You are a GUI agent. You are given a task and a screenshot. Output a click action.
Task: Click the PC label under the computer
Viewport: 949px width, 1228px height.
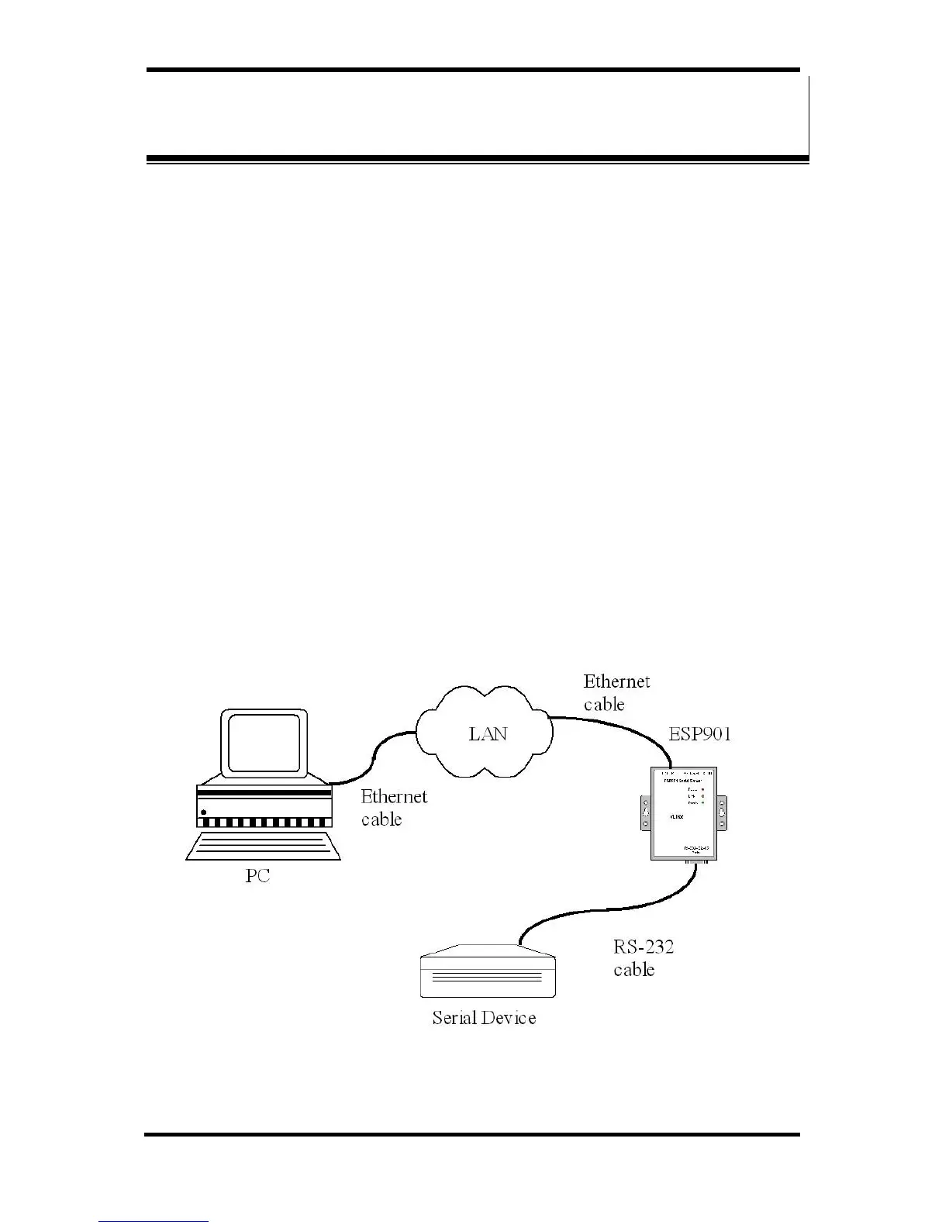point(257,877)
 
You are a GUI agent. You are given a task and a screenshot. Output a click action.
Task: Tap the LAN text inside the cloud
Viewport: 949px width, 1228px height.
point(488,733)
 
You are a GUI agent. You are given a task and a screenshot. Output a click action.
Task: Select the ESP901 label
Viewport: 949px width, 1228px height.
point(699,734)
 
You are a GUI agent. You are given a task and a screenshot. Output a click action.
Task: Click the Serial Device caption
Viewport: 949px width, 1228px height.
point(484,1017)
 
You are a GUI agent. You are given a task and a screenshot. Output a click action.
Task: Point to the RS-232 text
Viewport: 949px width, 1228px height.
point(644,947)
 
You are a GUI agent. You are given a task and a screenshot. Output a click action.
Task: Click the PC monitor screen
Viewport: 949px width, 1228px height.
point(264,743)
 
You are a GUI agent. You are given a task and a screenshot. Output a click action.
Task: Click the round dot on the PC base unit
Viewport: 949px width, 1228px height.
point(204,812)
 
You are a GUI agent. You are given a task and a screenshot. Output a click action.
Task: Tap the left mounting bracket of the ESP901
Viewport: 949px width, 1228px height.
point(644,812)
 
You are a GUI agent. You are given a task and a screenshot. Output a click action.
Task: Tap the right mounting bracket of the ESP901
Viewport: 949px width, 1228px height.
point(721,812)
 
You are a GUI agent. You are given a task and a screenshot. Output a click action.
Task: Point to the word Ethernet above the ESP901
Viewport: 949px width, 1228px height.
point(616,681)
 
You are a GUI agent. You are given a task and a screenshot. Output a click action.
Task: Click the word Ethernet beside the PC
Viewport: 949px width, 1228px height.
point(394,796)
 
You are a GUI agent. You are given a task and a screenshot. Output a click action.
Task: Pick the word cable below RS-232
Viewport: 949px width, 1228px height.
point(633,970)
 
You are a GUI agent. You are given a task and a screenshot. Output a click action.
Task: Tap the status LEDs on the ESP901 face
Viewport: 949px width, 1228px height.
point(702,796)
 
